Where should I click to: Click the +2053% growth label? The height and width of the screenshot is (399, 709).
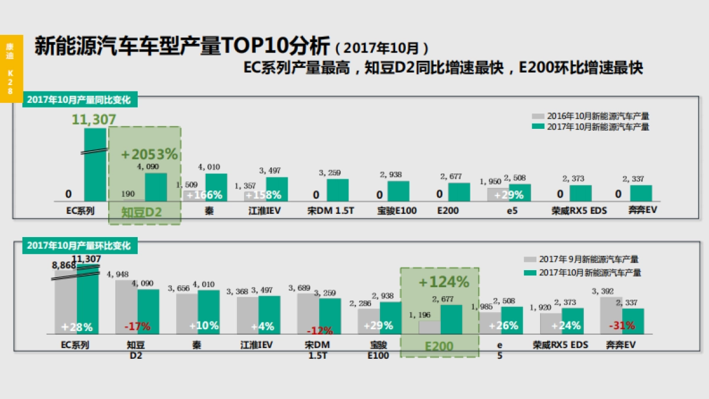pyautogui.click(x=149, y=154)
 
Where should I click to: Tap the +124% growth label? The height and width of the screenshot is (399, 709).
pyautogui.click(x=443, y=282)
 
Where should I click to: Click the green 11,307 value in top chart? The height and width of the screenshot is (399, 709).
pyautogui.click(x=94, y=119)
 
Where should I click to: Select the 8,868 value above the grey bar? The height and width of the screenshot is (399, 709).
pyautogui.click(x=64, y=265)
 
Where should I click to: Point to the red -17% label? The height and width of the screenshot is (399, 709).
pyautogui.click(x=137, y=326)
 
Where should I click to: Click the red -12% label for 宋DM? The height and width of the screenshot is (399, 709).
pyautogui.click(x=318, y=330)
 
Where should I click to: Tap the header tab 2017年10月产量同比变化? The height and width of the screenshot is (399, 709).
pyautogui.click(x=79, y=99)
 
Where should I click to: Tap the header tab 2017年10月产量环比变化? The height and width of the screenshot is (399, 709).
pyautogui.click(x=79, y=245)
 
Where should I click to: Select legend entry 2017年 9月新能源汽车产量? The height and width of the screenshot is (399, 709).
pyautogui.click(x=588, y=259)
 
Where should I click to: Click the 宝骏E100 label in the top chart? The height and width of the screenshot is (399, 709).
pyautogui.click(x=397, y=210)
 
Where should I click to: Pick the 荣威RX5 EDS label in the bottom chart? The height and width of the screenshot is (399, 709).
pyautogui.click(x=560, y=345)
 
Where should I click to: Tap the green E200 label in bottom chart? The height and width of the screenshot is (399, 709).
pyautogui.click(x=440, y=346)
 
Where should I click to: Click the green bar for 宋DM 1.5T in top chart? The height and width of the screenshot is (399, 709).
pyautogui.click(x=337, y=190)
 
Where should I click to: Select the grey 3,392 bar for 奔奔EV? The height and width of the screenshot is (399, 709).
pyautogui.click(x=611, y=315)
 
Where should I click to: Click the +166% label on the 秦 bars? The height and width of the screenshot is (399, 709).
pyautogui.click(x=204, y=195)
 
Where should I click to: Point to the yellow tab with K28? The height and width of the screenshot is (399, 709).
pyautogui.click(x=10, y=68)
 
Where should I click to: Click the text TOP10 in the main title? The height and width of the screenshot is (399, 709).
pyautogui.click(x=248, y=46)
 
